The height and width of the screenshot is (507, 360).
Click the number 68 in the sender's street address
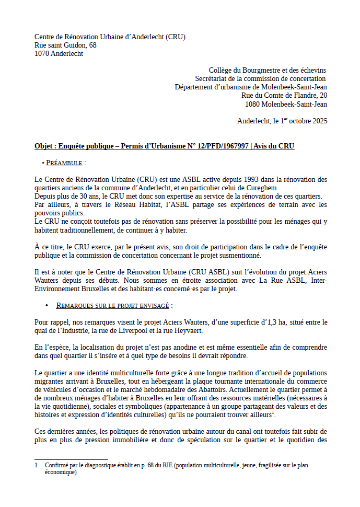92,45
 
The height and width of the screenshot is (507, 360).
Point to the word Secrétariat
213,78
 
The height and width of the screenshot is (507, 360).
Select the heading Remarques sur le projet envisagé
113,305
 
